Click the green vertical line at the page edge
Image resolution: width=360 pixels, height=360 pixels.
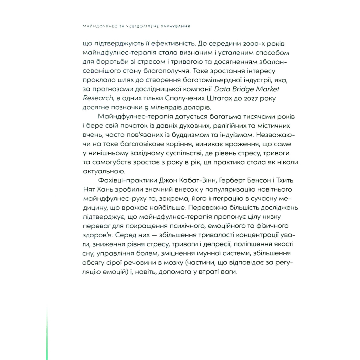pyautogui.click(x=47, y=330)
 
